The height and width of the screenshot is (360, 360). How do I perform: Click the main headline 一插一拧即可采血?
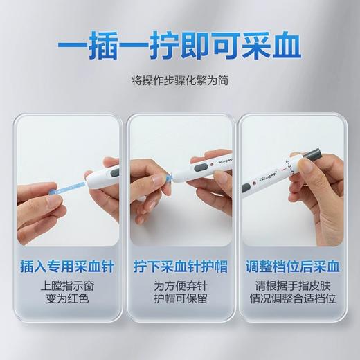tap(179, 48)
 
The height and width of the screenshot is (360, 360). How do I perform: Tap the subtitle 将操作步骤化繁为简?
tap(180, 80)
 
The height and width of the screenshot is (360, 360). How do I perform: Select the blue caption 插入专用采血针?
tap(67, 266)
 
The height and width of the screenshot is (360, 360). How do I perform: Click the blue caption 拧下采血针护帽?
tap(179, 266)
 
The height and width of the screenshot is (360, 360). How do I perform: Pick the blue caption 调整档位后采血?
tap(292, 266)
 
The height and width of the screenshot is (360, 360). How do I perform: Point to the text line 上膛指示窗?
tap(67, 286)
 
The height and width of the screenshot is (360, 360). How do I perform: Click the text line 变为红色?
tap(67, 300)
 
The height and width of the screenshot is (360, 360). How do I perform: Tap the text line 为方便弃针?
tap(179, 286)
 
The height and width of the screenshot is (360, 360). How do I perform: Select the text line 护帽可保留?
tap(179, 300)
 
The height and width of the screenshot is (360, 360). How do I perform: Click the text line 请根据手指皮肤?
tap(292, 286)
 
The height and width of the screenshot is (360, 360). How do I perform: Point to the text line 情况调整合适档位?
tap(292, 300)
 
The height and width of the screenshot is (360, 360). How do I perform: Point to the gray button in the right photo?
tap(246, 189)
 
